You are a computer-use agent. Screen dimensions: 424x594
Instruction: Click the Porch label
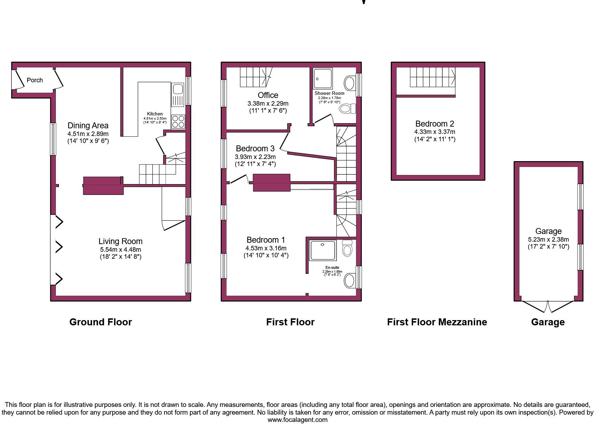pyautogui.click(x=35, y=80)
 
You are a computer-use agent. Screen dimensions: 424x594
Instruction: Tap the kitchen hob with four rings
pyautogui.click(x=178, y=121)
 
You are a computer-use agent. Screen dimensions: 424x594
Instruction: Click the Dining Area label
pyautogui.click(x=88, y=126)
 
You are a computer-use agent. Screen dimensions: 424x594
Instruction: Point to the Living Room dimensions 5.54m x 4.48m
pyautogui.click(x=120, y=250)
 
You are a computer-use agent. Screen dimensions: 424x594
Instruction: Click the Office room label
pyautogui.click(x=268, y=95)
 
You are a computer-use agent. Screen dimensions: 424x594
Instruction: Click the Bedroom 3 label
pyautogui.click(x=255, y=149)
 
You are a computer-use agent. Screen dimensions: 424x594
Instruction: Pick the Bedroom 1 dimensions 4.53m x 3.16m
pyautogui.click(x=266, y=248)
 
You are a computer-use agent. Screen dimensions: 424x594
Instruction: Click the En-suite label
pyautogui.click(x=332, y=267)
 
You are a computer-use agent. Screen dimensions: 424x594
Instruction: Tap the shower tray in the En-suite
pyautogui.click(x=323, y=250)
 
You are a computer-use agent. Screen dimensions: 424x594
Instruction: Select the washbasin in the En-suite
pyautogui.click(x=350, y=281)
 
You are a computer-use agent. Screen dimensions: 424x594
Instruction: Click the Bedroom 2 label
pyautogui.click(x=434, y=124)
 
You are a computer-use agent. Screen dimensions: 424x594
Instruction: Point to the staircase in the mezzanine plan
pyautogui.click(x=432, y=77)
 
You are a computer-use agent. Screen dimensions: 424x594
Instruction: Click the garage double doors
pyautogui.click(x=548, y=306)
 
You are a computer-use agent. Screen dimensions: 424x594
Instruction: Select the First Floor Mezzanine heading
pyautogui.click(x=437, y=322)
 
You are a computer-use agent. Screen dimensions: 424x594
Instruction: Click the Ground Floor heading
pyautogui.click(x=100, y=322)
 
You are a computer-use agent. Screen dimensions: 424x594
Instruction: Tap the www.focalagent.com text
pyautogui.click(x=297, y=420)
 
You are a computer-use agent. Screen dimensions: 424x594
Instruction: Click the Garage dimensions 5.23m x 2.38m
pyautogui.click(x=548, y=240)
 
